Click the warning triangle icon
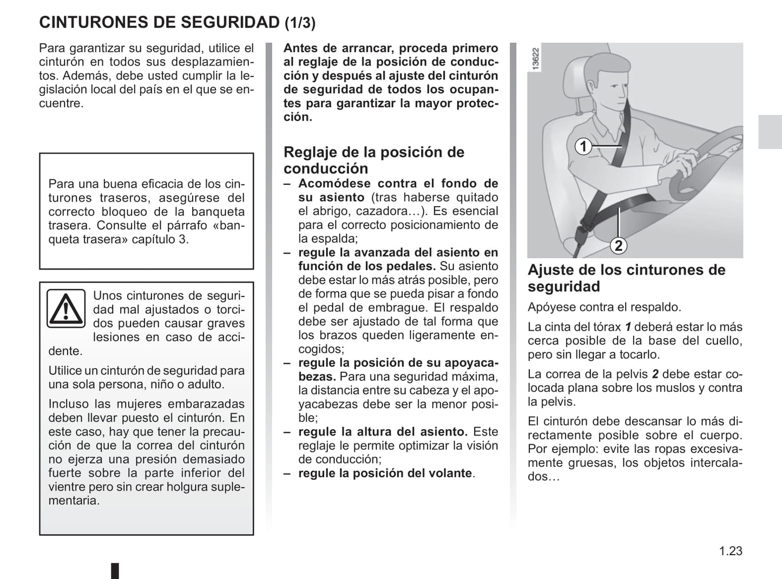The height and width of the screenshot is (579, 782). (x=65, y=308)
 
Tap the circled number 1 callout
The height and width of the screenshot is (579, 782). (x=583, y=147)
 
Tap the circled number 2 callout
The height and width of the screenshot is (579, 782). (x=618, y=246)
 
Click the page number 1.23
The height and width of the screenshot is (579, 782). (x=731, y=551)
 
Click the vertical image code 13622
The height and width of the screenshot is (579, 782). (x=536, y=59)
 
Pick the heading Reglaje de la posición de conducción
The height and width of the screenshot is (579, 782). (x=373, y=160)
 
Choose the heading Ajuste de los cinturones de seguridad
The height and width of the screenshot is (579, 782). (x=626, y=278)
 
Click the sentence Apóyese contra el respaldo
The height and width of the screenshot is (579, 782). (x=604, y=307)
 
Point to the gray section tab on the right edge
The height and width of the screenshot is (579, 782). (x=769, y=131)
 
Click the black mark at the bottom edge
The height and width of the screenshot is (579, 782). (x=115, y=571)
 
